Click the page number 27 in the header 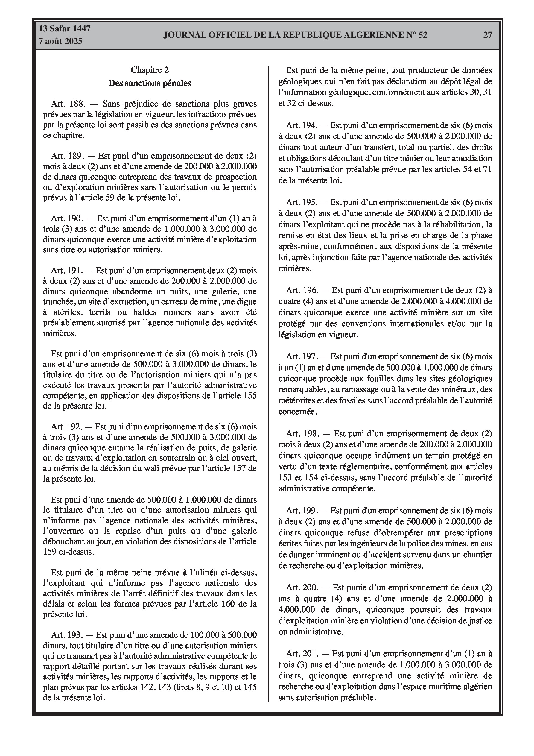pyautogui.click(x=488, y=35)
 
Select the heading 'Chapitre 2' pyautogui.click(x=150, y=70)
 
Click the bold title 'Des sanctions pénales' pyautogui.click(x=150, y=83)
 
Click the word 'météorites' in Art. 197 pyautogui.click(x=295, y=400)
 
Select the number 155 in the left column pyautogui.click(x=250, y=395)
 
